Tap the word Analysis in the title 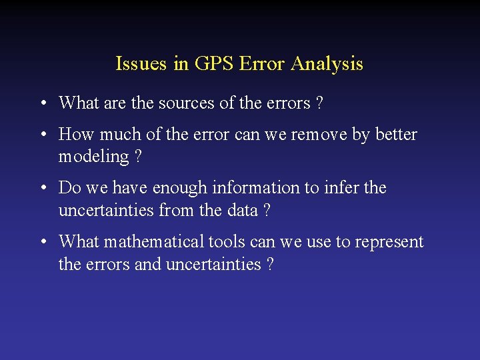click(327, 64)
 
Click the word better click(395, 135)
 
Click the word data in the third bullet click(241, 211)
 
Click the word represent click(389, 242)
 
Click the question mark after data click(267, 211)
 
